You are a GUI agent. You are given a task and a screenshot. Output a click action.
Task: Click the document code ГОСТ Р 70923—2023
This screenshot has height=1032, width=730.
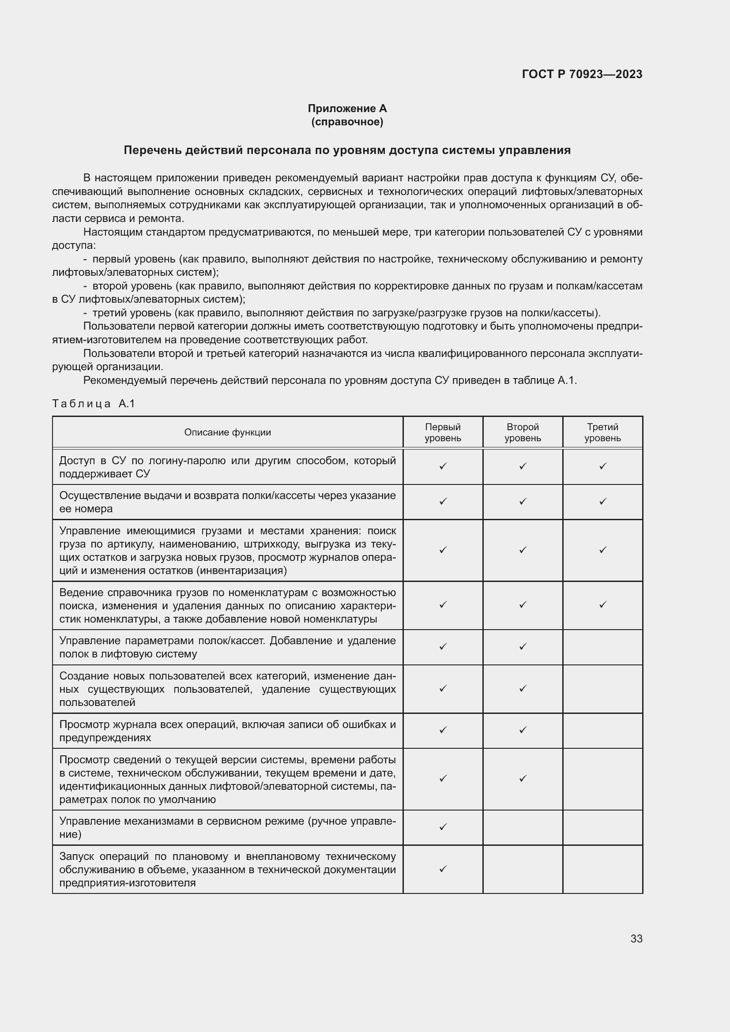[x=582, y=74]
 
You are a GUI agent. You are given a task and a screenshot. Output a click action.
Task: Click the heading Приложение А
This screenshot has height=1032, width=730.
[x=347, y=109]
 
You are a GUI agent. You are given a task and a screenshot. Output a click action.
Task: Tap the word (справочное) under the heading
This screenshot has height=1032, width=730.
[x=347, y=122]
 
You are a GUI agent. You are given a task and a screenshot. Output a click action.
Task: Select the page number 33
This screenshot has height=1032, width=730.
[x=636, y=938]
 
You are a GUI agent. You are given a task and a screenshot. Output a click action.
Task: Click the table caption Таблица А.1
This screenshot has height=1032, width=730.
[x=94, y=404]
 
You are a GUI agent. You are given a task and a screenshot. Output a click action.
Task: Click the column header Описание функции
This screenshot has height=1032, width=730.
[x=227, y=432]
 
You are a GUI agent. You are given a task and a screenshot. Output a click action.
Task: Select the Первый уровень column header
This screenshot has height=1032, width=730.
[x=443, y=432]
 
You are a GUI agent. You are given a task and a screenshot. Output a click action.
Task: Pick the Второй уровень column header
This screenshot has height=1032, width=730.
[x=522, y=432]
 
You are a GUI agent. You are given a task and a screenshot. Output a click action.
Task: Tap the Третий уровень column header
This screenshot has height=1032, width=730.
[x=602, y=432]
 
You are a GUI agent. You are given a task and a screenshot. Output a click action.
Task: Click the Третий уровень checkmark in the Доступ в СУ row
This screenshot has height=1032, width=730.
[x=603, y=466]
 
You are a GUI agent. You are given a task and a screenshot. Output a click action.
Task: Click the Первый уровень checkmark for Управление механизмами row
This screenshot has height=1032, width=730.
[x=443, y=826]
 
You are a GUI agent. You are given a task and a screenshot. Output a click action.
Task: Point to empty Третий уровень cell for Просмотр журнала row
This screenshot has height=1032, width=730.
[x=602, y=730]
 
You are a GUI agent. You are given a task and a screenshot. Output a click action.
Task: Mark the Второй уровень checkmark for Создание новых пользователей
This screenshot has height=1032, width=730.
[x=522, y=688]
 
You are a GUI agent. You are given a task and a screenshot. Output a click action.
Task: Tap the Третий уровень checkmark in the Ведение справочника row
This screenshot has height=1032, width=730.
[x=603, y=604]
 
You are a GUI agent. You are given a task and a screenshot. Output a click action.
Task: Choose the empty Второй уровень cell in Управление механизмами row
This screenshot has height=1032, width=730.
[x=522, y=827]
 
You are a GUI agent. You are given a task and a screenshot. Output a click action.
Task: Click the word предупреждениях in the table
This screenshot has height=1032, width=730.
[x=105, y=738]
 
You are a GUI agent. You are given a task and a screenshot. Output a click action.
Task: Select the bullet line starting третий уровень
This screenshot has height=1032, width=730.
[x=346, y=313]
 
